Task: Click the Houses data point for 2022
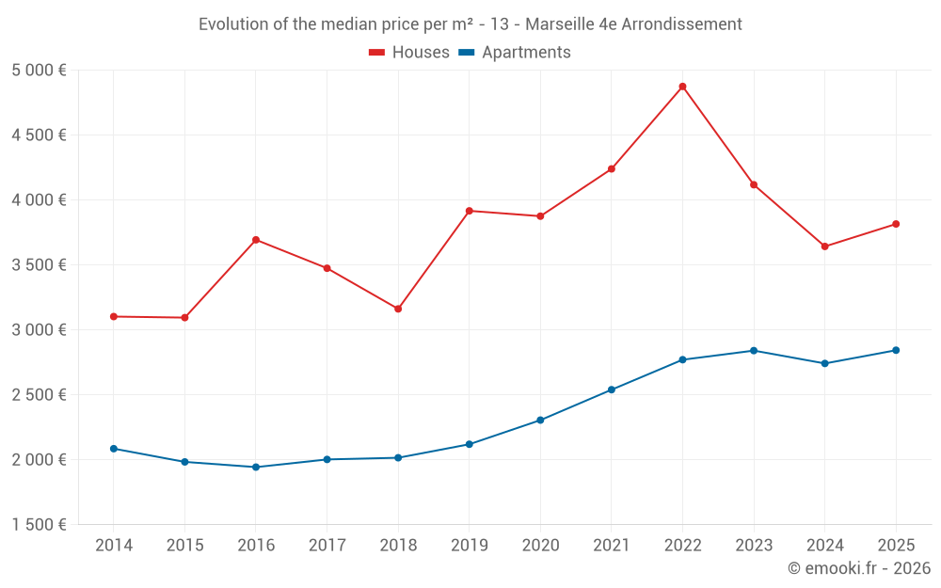click(x=682, y=87)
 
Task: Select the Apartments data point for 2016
click(x=256, y=467)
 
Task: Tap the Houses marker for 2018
click(x=398, y=309)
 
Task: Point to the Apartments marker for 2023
click(x=754, y=351)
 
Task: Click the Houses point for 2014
click(x=114, y=316)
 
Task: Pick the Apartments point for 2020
click(x=540, y=420)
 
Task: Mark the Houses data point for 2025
click(x=896, y=224)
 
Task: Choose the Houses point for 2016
click(x=256, y=240)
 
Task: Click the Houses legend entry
click(x=409, y=53)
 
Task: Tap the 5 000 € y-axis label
click(x=40, y=71)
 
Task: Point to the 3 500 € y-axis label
click(x=40, y=265)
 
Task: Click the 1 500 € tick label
click(x=40, y=525)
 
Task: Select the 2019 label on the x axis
click(x=469, y=546)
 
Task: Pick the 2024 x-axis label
click(x=824, y=546)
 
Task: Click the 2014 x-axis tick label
click(x=114, y=546)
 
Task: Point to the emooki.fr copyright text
click(x=859, y=568)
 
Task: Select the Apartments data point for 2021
click(x=612, y=389)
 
